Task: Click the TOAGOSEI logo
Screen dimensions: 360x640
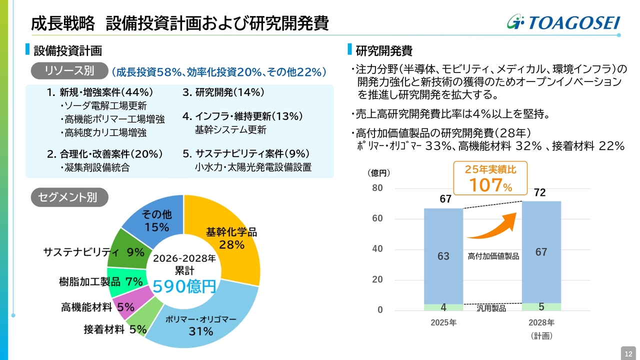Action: tap(563, 22)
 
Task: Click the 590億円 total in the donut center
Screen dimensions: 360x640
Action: tap(184, 286)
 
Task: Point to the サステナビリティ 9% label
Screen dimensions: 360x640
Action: tap(93, 252)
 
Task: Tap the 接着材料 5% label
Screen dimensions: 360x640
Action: tap(115, 329)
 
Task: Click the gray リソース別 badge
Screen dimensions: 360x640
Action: tap(69, 71)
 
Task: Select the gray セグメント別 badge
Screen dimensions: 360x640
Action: tap(69, 197)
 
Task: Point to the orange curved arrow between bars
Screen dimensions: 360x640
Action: tap(492, 227)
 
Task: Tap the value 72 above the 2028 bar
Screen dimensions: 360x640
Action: tap(539, 193)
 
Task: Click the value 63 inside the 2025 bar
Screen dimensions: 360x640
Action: tap(443, 256)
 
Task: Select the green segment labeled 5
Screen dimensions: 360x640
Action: tap(541, 306)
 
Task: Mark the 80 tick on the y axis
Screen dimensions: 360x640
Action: tap(377, 188)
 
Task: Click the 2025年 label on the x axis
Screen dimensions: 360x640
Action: tap(443, 322)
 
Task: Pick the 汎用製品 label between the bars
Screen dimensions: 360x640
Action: tap(491, 308)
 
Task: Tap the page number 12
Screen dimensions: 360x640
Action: tap(627, 353)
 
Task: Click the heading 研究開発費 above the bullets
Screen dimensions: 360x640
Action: tap(383, 51)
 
